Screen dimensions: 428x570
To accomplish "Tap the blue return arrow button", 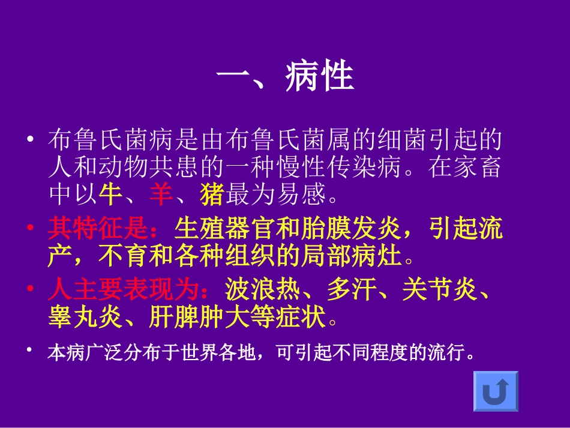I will (496, 391).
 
